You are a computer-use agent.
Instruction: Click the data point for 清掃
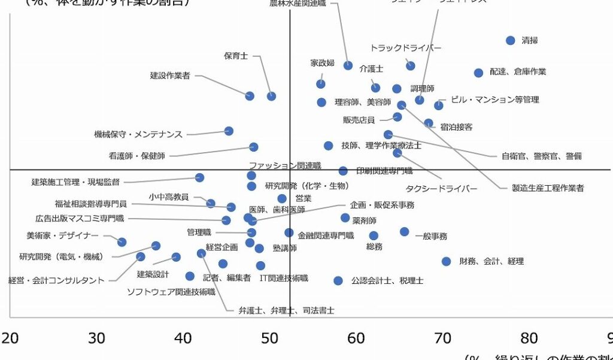coord(510,41)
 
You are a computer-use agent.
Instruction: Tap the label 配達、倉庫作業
coord(518,72)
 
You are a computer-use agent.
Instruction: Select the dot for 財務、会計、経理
coord(446,261)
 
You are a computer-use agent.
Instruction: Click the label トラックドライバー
coord(405,48)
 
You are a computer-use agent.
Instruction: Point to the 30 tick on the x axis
coord(97,338)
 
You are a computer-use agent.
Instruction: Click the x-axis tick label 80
coord(529,338)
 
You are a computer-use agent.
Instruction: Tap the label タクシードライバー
coord(442,189)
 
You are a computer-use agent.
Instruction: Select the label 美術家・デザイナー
coord(62,235)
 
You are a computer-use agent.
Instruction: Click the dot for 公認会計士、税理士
coord(338,280)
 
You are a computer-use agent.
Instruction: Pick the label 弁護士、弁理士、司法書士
coord(286,310)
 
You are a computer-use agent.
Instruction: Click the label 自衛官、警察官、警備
coord(541,156)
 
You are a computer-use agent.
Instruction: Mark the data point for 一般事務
coord(405,232)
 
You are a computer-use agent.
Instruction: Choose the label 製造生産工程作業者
coord(548,188)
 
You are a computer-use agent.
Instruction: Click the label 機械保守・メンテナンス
coord(138,134)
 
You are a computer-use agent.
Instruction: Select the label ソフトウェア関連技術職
coord(171,292)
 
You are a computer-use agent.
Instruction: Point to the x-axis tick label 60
coord(356,338)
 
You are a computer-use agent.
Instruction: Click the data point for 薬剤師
coord(345,218)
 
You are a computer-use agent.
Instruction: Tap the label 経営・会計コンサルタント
coord(56,280)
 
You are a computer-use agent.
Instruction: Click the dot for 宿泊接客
coord(429,123)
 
